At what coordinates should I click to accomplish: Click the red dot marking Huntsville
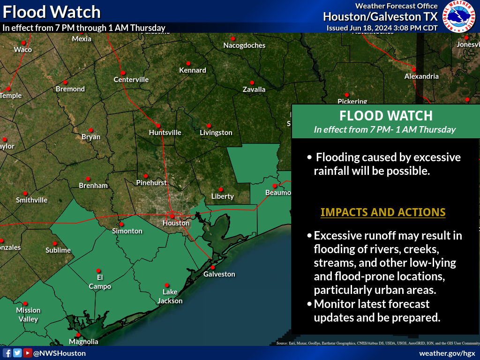158,126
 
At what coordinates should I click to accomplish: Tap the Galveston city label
219,274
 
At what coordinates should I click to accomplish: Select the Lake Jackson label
170,296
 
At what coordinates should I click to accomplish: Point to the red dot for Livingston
209,126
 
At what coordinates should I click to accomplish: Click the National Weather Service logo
460,17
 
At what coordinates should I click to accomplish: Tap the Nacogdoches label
244,45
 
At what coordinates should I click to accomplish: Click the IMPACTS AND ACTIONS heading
383,212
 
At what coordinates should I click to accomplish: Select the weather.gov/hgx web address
447,353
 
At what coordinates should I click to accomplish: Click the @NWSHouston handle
60,353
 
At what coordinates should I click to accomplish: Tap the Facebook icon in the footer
7,353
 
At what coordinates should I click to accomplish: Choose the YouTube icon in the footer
28,353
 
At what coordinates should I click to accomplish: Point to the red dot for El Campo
98,270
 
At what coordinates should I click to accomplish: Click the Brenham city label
93,186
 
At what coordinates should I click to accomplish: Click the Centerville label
131,80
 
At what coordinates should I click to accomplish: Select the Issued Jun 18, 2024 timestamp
382,28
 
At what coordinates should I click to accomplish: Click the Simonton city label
127,231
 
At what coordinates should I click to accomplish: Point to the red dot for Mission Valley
25,303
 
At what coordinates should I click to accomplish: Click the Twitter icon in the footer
17,353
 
